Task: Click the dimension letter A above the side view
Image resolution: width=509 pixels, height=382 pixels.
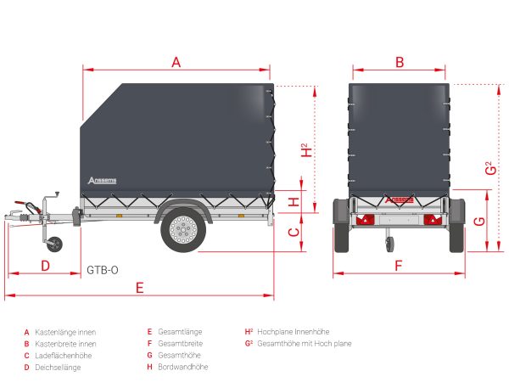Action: (176, 62)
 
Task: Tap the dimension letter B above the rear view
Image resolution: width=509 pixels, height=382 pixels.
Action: (400, 62)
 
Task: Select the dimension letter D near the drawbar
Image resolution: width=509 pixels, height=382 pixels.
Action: (46, 266)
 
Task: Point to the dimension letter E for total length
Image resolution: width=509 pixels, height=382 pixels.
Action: (140, 288)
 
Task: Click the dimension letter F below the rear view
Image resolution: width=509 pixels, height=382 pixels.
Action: (399, 266)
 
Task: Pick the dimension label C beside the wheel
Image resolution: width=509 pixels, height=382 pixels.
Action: (294, 233)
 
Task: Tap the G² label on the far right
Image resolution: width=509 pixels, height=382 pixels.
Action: (491, 168)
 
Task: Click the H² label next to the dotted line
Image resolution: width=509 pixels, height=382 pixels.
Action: (306, 150)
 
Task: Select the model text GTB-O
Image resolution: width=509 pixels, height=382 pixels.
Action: (103, 270)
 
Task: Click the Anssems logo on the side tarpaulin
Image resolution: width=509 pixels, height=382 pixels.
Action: (102, 180)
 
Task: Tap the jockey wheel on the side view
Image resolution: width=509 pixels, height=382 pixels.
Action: (54, 244)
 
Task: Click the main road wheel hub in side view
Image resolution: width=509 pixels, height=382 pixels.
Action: (183, 230)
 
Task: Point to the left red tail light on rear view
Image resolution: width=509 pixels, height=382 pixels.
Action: (365, 220)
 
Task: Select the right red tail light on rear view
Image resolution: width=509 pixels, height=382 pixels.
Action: (433, 220)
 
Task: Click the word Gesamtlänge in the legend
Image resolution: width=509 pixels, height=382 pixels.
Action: (180, 332)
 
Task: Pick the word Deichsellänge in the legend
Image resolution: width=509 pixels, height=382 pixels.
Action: (58, 368)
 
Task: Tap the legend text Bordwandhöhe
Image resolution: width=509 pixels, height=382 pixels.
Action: (182, 367)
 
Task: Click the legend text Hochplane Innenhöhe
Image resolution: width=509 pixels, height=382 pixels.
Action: (294, 332)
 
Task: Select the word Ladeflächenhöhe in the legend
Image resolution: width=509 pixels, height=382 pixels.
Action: (64, 356)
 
